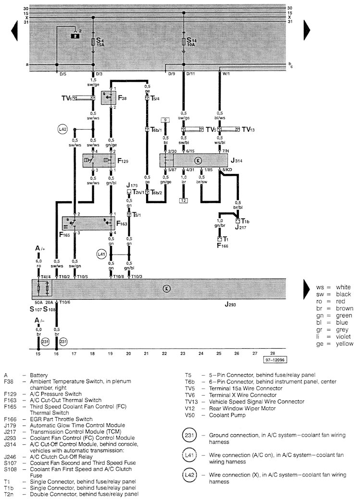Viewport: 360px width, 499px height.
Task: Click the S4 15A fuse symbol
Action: (x=93, y=42)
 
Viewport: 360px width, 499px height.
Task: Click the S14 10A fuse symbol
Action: (x=183, y=42)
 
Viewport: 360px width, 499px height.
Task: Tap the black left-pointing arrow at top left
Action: (x=14, y=32)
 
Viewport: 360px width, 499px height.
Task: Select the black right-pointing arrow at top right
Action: (x=307, y=32)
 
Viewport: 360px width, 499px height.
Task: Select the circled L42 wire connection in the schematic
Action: (x=62, y=130)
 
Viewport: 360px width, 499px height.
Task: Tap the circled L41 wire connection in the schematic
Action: (x=101, y=254)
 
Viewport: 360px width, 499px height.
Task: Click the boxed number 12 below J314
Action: (x=183, y=200)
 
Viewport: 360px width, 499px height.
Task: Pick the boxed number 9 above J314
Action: (x=165, y=120)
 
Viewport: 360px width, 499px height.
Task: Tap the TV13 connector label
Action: (x=248, y=130)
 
